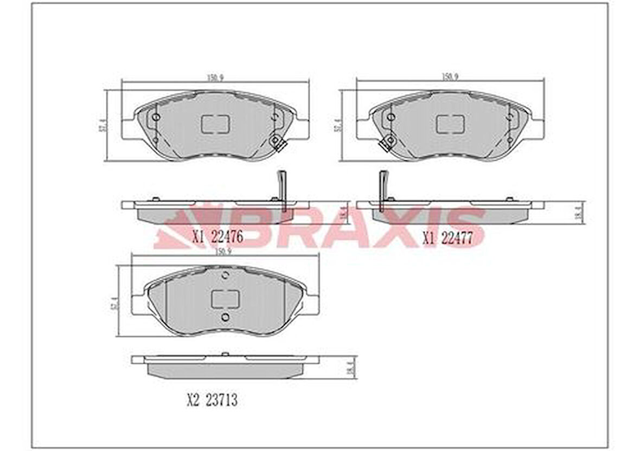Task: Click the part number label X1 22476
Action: pyautogui.click(x=217, y=237)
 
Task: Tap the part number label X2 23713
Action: pyautogui.click(x=212, y=401)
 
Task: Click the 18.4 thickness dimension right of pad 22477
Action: pyautogui.click(x=577, y=212)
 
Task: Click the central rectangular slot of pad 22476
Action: pyautogui.click(x=215, y=124)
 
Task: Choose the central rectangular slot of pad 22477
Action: pyautogui.click(x=450, y=124)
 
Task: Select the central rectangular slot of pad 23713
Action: pyautogui.click(x=225, y=298)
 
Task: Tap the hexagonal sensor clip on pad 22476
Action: pyautogui.click(x=276, y=143)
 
